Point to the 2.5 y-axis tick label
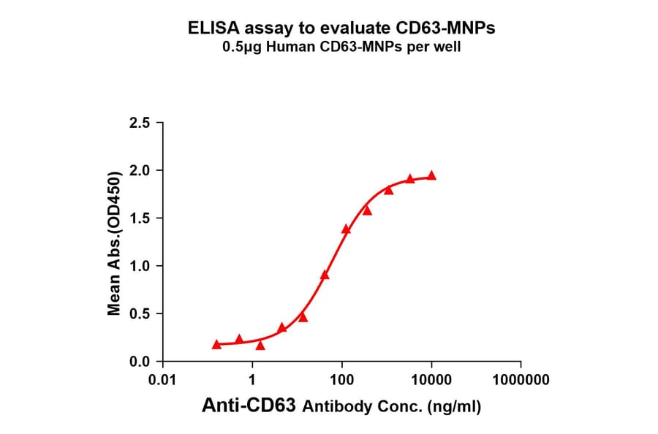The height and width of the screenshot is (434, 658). (142, 123)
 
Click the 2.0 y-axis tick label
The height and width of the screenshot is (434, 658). (142, 170)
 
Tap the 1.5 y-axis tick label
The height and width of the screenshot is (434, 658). (142, 218)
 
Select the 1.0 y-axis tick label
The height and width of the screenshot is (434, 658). (142, 266)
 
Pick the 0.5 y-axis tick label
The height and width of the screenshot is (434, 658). (142, 314)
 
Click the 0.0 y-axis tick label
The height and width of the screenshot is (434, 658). (142, 362)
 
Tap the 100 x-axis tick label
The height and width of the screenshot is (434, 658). (342, 380)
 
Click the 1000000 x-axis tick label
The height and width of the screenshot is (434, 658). (521, 380)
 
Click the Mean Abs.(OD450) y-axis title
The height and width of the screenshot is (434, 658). (114, 243)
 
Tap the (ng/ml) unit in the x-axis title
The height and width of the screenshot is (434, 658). (454, 407)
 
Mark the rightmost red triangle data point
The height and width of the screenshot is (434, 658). (431, 175)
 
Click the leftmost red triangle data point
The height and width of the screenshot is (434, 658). (216, 344)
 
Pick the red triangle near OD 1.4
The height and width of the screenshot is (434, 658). (346, 229)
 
